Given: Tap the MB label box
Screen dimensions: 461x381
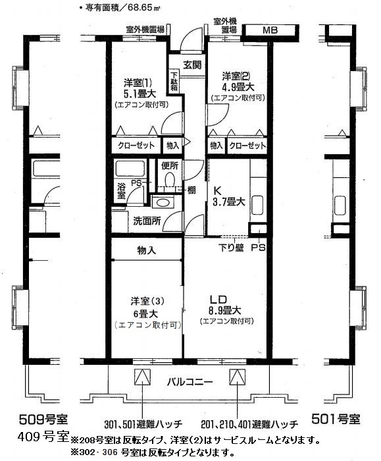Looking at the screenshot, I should (x=270, y=30).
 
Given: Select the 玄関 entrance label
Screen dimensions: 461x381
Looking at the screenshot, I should (x=192, y=65).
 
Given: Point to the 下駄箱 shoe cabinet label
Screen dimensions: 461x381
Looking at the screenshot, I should (x=174, y=81).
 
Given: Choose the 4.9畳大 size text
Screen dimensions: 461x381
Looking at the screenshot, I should (x=238, y=86).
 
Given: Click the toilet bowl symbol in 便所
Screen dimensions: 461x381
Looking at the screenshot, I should (x=169, y=180).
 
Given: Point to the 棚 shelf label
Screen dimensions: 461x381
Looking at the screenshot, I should (x=191, y=190).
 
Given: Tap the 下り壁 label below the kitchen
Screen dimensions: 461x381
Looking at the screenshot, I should (x=231, y=249).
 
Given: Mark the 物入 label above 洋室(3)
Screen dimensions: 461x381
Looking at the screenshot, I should (x=146, y=250).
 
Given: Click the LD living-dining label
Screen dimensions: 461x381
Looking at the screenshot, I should (x=222, y=296).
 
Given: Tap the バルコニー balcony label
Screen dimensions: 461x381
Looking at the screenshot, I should (x=188, y=381).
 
